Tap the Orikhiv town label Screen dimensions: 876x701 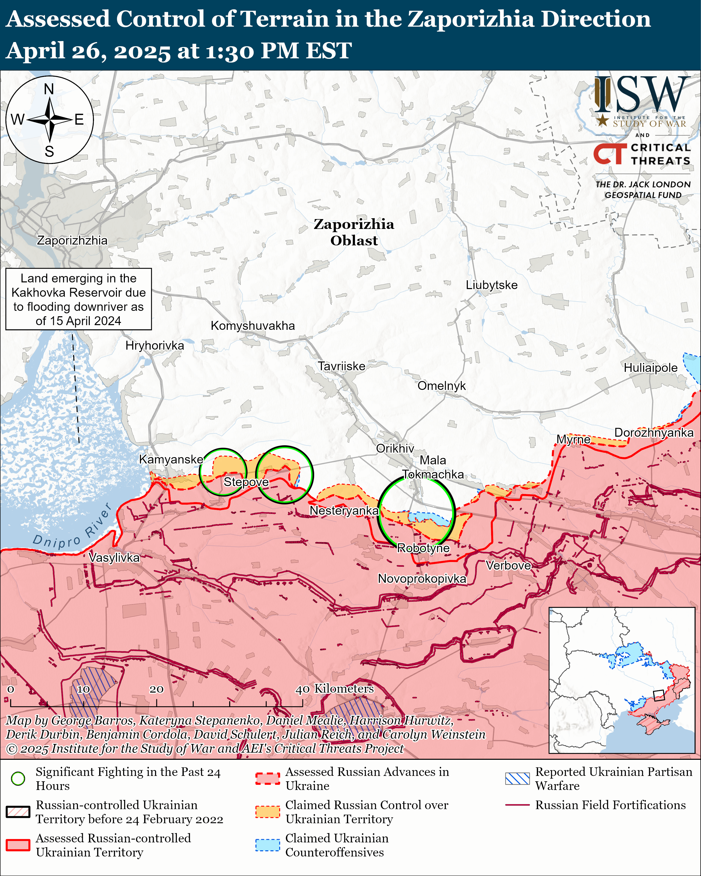[395, 448]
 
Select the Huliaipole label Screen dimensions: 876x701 [650, 368]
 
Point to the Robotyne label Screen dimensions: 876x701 [423, 548]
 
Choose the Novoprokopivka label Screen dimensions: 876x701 [422, 579]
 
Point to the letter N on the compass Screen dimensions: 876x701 [49, 89]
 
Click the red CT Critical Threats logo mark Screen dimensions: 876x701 [610, 154]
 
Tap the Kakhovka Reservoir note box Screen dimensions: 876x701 [78, 299]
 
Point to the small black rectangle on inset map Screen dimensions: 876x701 [658, 695]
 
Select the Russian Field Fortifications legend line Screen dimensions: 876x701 [517, 805]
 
